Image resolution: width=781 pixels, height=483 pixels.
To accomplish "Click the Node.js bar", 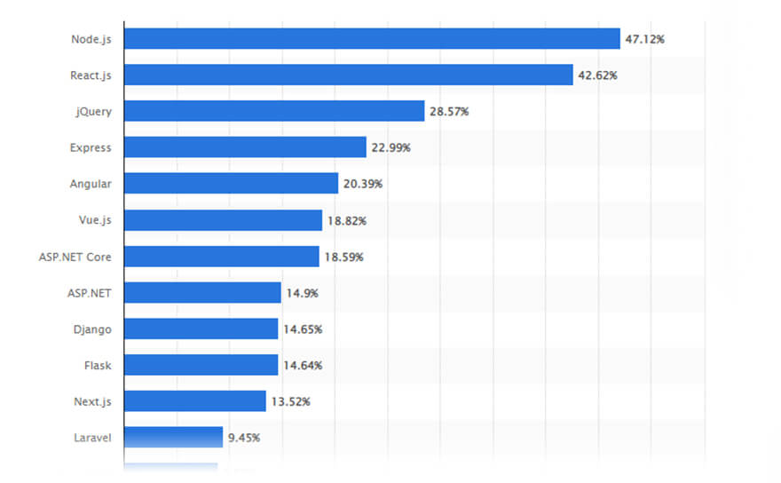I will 372,39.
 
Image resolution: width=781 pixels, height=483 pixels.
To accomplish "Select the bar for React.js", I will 348,75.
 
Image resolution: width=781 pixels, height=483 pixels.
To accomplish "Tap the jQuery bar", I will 274,112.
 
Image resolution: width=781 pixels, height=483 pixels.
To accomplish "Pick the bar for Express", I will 245,147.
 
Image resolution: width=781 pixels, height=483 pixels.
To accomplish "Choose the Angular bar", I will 231,184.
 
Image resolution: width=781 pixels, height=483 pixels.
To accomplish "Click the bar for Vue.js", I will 223,220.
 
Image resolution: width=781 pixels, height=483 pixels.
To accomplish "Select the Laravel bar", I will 173,437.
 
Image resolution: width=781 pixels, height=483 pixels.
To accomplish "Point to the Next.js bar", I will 194,401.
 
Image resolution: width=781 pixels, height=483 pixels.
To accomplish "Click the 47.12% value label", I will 645,39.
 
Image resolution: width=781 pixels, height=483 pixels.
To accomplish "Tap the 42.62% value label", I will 598,75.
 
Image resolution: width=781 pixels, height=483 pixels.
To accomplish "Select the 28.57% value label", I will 450,112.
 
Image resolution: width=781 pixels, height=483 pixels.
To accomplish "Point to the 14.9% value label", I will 303,293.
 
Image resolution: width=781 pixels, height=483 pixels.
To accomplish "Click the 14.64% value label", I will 303,365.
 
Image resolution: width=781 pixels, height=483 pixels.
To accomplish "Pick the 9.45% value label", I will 244,437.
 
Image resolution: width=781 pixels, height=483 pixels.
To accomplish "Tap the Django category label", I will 92,329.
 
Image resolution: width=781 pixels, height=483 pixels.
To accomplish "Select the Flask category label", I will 98,365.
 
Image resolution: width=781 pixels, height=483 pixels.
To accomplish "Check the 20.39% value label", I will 364,184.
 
